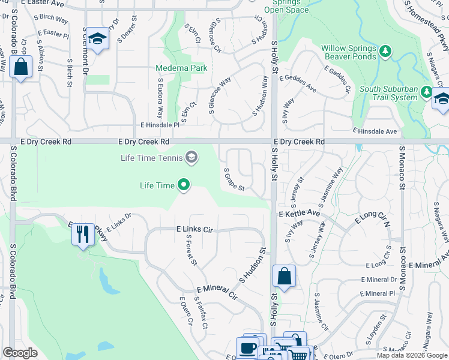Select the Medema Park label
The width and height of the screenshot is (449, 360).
tap(181, 68)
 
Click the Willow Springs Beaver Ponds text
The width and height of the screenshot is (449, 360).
tap(349, 52)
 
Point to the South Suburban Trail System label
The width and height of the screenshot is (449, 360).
tap(388, 93)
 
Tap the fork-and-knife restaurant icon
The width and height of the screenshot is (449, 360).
tap(83, 233)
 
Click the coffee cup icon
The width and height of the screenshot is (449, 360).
tap(247, 347)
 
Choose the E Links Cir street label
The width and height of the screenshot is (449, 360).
tap(194, 229)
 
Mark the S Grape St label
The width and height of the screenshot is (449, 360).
tap(234, 179)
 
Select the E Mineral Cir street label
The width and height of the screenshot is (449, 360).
tap(217, 292)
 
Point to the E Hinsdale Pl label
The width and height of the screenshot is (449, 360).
tap(160, 125)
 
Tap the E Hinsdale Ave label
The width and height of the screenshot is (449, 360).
tap(375, 131)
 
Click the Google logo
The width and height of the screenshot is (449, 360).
tap(20, 353)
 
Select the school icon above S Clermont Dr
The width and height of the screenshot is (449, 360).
tap(97, 39)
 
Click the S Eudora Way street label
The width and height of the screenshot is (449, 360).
tap(161, 99)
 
